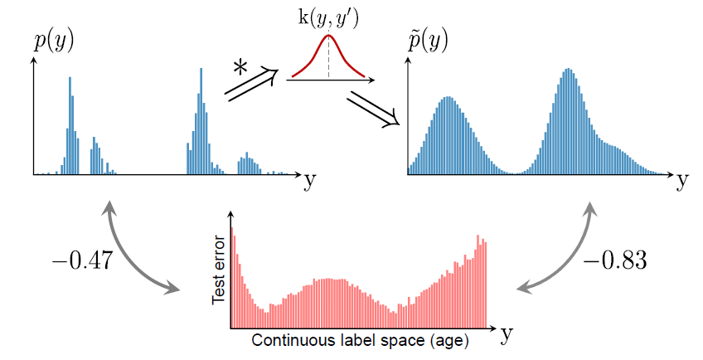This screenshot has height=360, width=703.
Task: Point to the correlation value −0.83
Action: tap(615, 260)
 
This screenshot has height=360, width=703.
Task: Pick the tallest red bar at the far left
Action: tap(232, 274)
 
